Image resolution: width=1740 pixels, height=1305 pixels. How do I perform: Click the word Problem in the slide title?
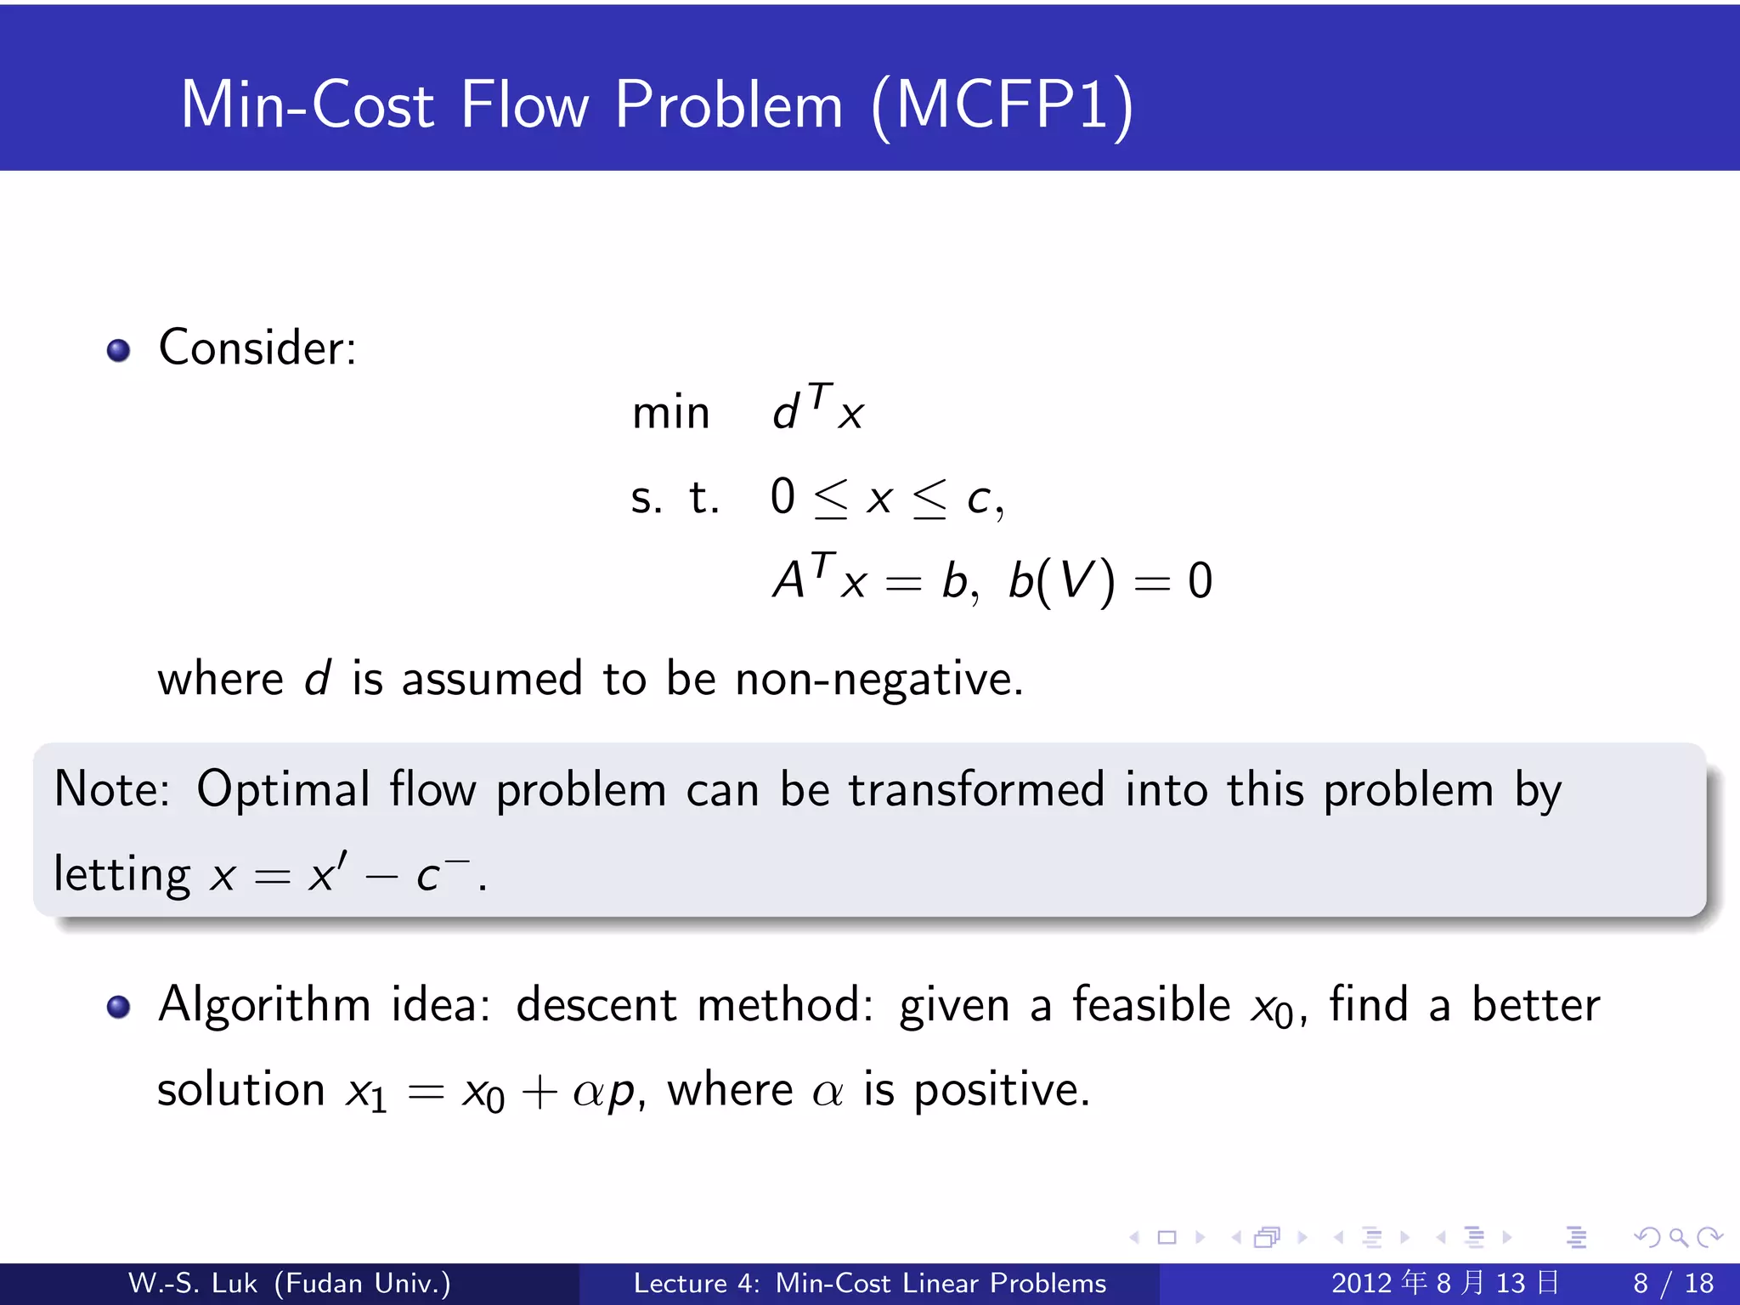coord(728,105)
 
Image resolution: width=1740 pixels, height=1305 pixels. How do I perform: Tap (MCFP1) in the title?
coord(1003,105)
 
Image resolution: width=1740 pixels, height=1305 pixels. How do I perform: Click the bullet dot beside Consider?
coord(118,350)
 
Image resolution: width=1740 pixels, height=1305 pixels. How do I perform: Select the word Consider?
coord(257,348)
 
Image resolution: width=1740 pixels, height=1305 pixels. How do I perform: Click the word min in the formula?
coord(670,414)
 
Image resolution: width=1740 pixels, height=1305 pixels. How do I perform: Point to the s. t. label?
coord(675,498)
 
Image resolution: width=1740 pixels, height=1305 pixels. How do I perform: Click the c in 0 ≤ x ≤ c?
coord(979,500)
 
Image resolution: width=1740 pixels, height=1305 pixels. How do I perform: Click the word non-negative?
coord(878,679)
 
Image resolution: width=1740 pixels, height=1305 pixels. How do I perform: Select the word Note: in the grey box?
coord(111,789)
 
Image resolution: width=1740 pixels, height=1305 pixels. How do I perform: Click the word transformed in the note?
coord(976,789)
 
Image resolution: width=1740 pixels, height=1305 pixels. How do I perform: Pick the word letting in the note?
coord(122,874)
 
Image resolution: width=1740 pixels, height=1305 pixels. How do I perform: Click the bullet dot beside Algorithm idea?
coord(118,1007)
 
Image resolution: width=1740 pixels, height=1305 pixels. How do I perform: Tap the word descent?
coord(596,1005)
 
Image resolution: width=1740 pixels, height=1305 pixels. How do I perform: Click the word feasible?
coord(1151,1005)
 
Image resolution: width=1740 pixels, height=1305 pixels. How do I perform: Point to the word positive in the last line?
coord(1000,1090)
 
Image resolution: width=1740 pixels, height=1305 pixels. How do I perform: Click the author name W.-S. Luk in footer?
coord(193,1283)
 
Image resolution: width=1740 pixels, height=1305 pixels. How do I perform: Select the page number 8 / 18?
coord(1673,1283)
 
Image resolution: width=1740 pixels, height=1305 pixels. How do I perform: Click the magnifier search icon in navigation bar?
coord(1678,1237)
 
